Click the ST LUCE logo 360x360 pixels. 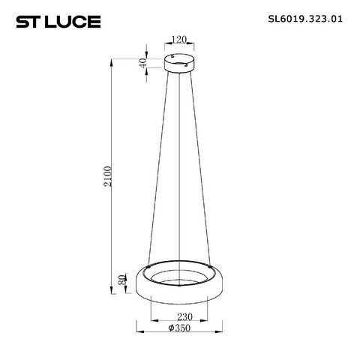pos(58,22)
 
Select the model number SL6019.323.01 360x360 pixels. pos(305,19)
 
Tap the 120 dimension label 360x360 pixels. pos(179,40)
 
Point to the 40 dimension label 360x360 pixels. pos(142,63)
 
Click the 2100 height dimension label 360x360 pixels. pos(108,176)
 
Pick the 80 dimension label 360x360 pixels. pos(122,280)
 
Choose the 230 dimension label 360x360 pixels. pos(184,317)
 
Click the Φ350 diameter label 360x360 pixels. pos(179,328)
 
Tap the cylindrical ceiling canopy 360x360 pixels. pos(179,63)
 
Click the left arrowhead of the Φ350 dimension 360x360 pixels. pos(140,331)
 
